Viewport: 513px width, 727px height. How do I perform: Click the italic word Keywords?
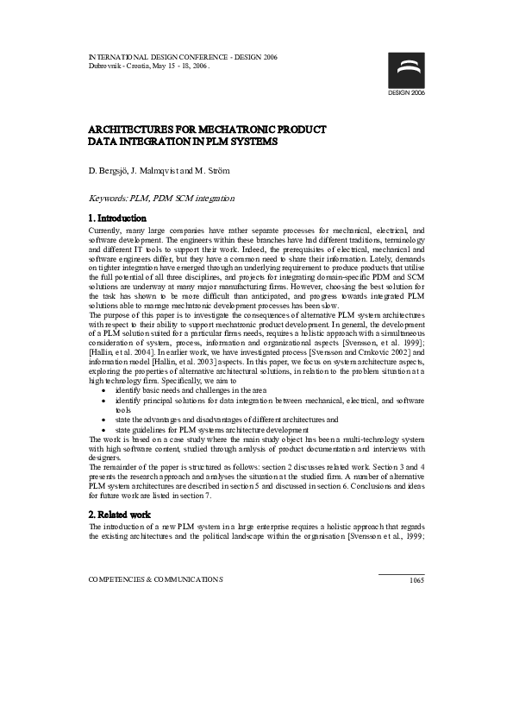click(109, 199)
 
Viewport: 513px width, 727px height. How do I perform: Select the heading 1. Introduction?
click(118, 218)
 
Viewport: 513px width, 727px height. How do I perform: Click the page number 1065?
click(416, 580)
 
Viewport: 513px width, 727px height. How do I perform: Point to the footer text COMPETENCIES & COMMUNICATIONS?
click(156, 579)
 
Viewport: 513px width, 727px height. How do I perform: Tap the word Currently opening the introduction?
click(108, 231)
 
